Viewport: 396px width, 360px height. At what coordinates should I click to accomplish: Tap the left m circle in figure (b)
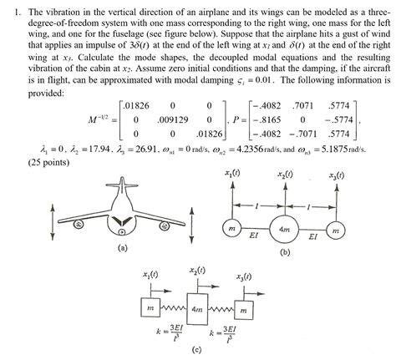[x=228, y=229]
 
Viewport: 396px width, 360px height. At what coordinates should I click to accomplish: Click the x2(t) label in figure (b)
[x=285, y=175]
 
